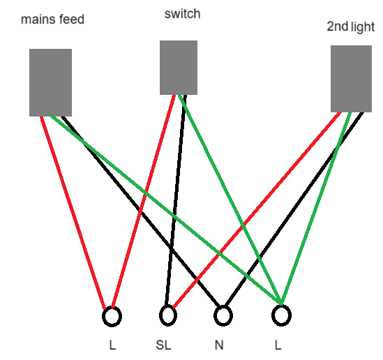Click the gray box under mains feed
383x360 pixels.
[x=50, y=82]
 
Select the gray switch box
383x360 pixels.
[x=179, y=68]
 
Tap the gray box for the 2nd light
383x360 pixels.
[x=351, y=79]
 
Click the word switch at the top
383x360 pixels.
[x=183, y=14]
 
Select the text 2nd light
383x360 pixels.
[x=351, y=27]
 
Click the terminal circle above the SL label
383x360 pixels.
[x=168, y=315]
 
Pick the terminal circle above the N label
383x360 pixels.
[x=223, y=315]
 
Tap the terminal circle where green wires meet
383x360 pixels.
[x=281, y=315]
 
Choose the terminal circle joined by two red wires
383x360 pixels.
[x=112, y=317]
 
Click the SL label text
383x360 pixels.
[x=163, y=345]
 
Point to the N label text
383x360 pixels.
[x=219, y=345]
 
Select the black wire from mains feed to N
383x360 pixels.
[x=141, y=211]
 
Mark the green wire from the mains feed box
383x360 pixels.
[x=166, y=210]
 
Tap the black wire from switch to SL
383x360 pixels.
[x=176, y=200]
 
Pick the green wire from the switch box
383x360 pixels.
[x=230, y=200]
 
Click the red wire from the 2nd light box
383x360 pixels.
[x=257, y=209]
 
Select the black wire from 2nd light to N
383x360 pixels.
[x=294, y=209]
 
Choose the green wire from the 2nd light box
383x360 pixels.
[x=316, y=209]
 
